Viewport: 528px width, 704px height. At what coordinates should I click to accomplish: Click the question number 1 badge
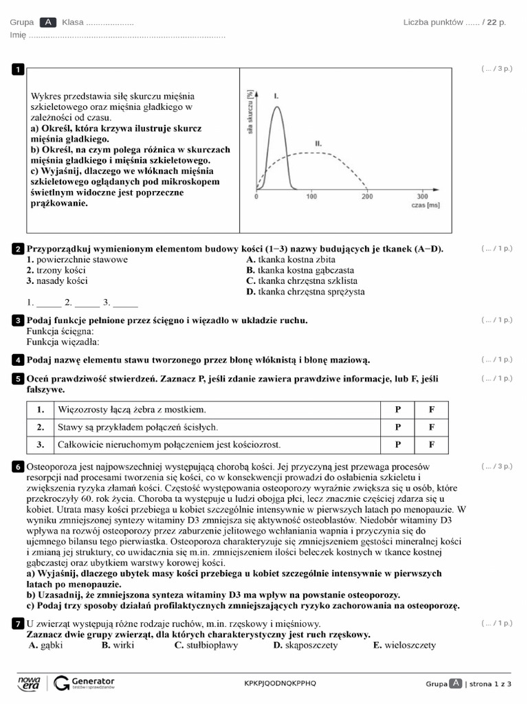pyautogui.click(x=18, y=69)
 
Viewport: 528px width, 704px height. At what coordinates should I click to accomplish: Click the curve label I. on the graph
pyautogui.click(x=276, y=96)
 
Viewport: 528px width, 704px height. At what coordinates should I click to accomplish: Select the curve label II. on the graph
pyautogui.click(x=318, y=142)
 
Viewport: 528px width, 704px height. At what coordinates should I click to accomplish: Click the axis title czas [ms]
pyautogui.click(x=425, y=205)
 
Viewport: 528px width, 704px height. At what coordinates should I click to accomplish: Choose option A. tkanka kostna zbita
pyautogui.click(x=291, y=260)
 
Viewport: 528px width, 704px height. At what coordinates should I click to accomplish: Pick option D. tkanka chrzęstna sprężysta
pyautogui.click(x=305, y=291)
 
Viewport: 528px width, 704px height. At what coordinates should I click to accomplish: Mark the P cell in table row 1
pyautogui.click(x=397, y=410)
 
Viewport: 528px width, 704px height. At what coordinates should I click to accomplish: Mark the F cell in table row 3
pyautogui.click(x=432, y=444)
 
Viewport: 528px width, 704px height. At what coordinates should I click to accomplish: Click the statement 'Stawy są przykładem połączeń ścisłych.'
pyautogui.click(x=138, y=427)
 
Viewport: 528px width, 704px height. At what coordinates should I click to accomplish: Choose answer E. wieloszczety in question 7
pyautogui.click(x=404, y=646)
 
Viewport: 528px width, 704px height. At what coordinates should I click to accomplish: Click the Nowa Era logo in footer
pyautogui.click(x=30, y=682)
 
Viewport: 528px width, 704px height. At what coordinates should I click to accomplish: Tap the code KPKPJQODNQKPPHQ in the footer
pyautogui.click(x=280, y=683)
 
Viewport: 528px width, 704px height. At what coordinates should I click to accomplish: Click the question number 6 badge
pyautogui.click(x=18, y=467)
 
